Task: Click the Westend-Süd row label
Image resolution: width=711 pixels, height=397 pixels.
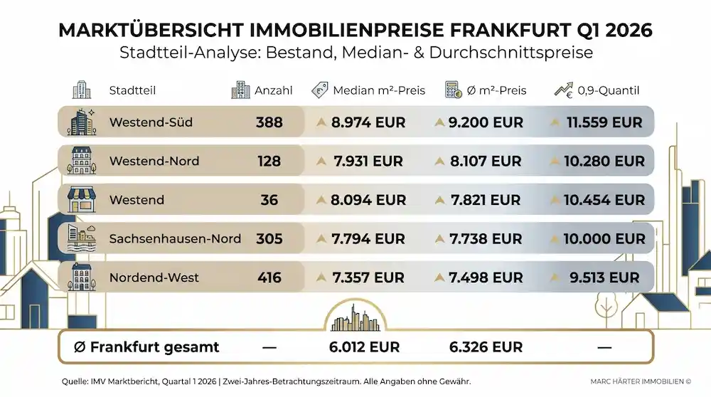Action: pos(151,122)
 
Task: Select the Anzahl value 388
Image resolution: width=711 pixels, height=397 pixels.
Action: pos(269,122)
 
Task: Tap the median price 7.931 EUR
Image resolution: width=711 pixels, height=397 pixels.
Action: pos(368,162)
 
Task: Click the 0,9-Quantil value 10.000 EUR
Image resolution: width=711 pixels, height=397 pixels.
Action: pos(604,239)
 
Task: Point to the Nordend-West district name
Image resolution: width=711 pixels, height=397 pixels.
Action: pos(154,277)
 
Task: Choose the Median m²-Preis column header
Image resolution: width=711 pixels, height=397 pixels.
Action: pos(379,90)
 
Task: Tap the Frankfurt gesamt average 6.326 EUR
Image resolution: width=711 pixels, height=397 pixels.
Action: pos(486,347)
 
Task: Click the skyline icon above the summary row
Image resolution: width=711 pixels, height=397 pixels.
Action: pos(355,318)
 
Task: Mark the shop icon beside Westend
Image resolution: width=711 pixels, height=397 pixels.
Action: pos(80,200)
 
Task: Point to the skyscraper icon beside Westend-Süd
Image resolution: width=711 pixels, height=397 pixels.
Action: pos(80,122)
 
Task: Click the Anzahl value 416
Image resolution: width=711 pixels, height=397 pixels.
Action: pos(269,277)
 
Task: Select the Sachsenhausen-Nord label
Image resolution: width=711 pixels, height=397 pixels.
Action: pos(175,239)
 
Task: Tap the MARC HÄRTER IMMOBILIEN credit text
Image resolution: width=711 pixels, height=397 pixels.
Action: pos(640,382)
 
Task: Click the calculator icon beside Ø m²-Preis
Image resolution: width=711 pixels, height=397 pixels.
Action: pos(453,90)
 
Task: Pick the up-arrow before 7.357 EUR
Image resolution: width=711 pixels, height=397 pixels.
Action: pos(321,277)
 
